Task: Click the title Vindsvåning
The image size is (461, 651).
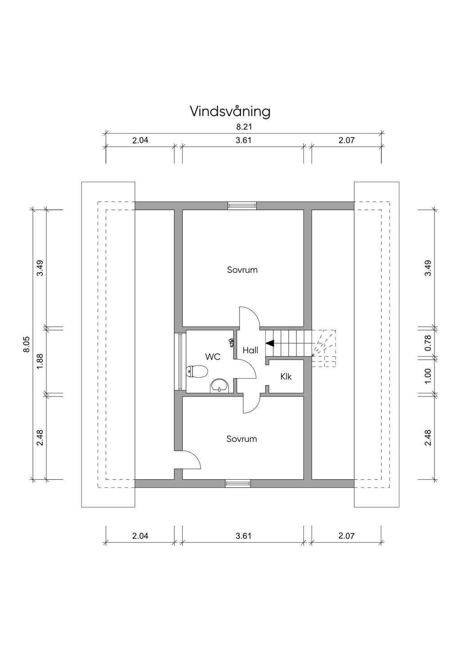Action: tap(230, 111)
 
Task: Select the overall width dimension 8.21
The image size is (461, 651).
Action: tap(244, 127)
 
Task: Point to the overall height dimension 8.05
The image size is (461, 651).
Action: tap(27, 344)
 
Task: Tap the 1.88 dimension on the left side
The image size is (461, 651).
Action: tap(40, 361)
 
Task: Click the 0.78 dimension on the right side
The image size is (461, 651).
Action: tap(428, 343)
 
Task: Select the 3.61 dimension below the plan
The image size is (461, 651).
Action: tap(244, 536)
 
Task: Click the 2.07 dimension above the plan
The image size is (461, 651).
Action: tap(346, 140)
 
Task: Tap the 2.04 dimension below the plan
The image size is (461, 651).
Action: tap(140, 536)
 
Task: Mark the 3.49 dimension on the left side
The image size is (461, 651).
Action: tap(40, 268)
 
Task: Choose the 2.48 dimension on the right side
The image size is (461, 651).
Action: tap(428, 437)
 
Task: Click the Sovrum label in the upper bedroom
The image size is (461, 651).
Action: tap(242, 270)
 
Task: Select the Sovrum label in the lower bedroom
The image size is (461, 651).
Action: tap(242, 439)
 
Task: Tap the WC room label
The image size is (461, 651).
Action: tap(212, 357)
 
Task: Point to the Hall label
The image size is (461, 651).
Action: tap(250, 350)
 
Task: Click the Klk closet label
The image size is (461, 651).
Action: tap(286, 376)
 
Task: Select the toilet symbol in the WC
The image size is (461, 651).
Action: tap(197, 371)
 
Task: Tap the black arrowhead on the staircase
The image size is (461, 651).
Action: tap(269, 343)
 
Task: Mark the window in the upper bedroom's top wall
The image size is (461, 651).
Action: tap(242, 205)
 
